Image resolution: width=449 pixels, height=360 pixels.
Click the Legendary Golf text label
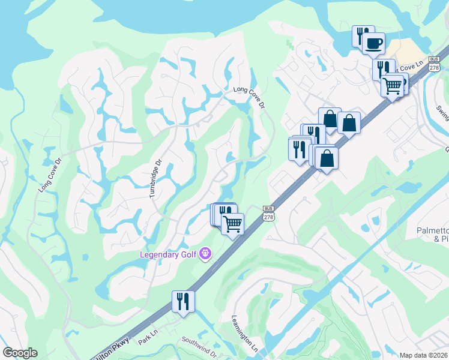pyautogui.click(x=169, y=254)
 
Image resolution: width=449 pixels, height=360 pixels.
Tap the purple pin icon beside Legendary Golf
pyautogui.click(x=205, y=254)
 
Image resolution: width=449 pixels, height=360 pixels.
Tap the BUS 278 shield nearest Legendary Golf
pyautogui.click(x=268, y=214)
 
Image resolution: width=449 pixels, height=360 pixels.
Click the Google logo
pyautogui.click(x=19, y=353)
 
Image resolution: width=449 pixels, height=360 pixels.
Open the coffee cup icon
pyautogui.click(x=374, y=43)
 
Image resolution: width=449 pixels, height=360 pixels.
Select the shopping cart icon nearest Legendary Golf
pyautogui.click(x=232, y=223)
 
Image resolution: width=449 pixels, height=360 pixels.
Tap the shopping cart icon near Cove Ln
pyautogui.click(x=392, y=85)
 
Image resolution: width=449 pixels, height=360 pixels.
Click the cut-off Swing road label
pyautogui.click(x=443, y=113)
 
